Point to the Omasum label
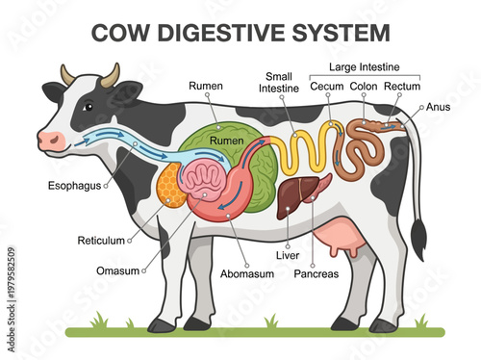click(118, 270)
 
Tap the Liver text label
click(288, 256)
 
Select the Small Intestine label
click(279, 85)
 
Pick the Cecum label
click(327, 87)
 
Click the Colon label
click(363, 87)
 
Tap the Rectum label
click(401, 87)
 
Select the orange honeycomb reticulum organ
click(170, 190)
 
